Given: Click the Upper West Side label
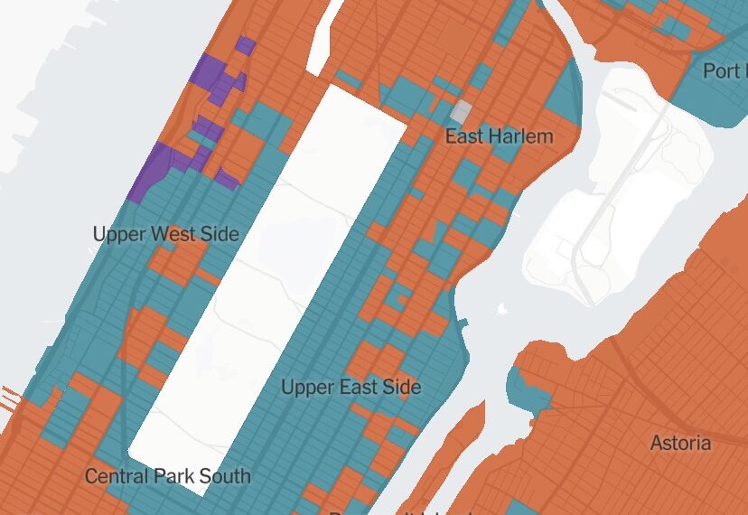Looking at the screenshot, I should coord(165,235).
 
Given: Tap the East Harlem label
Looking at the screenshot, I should coord(499,136).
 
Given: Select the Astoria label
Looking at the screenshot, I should coord(680,443).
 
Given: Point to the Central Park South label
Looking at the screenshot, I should coord(167,475).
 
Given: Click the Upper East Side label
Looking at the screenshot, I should coord(351,388).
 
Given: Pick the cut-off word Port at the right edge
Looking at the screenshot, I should coord(725,70).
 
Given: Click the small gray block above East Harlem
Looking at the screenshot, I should coord(462,112).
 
